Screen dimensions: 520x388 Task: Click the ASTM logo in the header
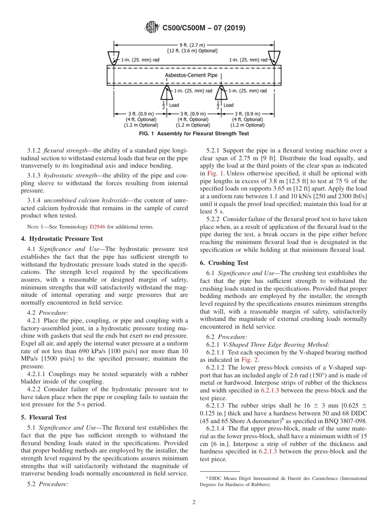152,28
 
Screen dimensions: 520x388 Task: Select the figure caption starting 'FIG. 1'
194,134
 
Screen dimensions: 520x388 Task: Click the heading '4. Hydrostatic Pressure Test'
62,239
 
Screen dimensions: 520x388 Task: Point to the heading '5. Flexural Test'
44,417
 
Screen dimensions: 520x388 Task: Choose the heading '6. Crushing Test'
224,263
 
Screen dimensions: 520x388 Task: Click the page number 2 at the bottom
194,502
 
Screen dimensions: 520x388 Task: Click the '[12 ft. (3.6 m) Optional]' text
192,51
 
